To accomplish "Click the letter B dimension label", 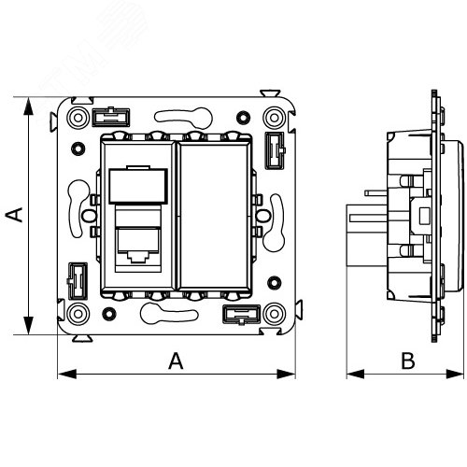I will tap(406, 360).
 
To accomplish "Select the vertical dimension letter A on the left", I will tap(14, 216).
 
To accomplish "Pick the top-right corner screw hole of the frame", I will tap(274, 118).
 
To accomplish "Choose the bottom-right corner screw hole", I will tap(274, 312).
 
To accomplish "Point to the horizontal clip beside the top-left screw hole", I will tap(112, 117).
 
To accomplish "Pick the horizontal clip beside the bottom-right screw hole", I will tap(241, 313).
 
